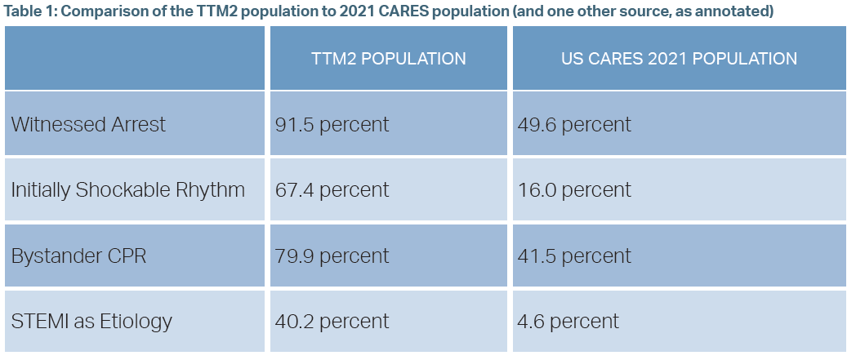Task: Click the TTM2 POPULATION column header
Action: pos(389,59)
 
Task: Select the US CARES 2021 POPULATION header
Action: pos(679,59)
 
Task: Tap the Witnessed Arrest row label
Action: pos(88,124)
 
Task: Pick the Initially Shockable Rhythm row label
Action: pos(128,190)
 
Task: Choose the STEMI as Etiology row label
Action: pos(91,321)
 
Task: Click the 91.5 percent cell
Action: pos(332,124)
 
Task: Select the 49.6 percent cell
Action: pos(574,124)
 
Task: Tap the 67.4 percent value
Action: pos(332,190)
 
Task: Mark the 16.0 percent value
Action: pos(574,190)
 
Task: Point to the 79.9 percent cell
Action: pos(332,256)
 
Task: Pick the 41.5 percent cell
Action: pos(574,256)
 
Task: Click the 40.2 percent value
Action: pos(332,321)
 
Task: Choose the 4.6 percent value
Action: pos(568,321)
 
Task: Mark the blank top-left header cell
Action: pos(135,59)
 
